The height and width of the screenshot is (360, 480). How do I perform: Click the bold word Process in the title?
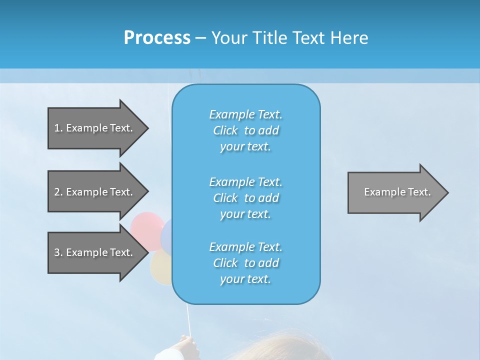[x=157, y=38]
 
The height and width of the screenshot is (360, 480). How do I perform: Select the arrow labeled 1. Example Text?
[x=95, y=128]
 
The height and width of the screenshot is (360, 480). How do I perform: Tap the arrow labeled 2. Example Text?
[x=95, y=192]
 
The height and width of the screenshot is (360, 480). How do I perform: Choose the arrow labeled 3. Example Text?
[x=95, y=252]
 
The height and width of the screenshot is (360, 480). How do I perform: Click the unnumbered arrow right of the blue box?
[x=395, y=192]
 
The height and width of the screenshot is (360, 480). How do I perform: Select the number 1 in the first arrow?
[x=56, y=128]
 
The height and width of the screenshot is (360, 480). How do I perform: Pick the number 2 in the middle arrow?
[x=56, y=192]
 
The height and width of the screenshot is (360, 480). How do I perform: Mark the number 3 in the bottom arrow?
[x=56, y=252]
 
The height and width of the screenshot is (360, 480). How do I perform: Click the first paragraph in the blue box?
[x=245, y=130]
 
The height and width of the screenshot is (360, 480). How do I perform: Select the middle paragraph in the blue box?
[x=245, y=198]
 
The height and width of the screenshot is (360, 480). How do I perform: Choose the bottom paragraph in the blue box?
[x=245, y=263]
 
